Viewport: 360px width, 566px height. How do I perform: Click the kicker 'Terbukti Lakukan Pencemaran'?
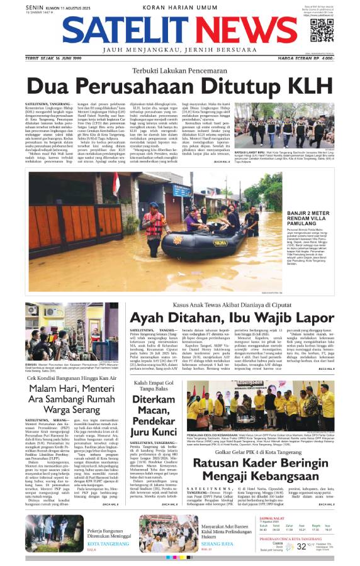[179, 70]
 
